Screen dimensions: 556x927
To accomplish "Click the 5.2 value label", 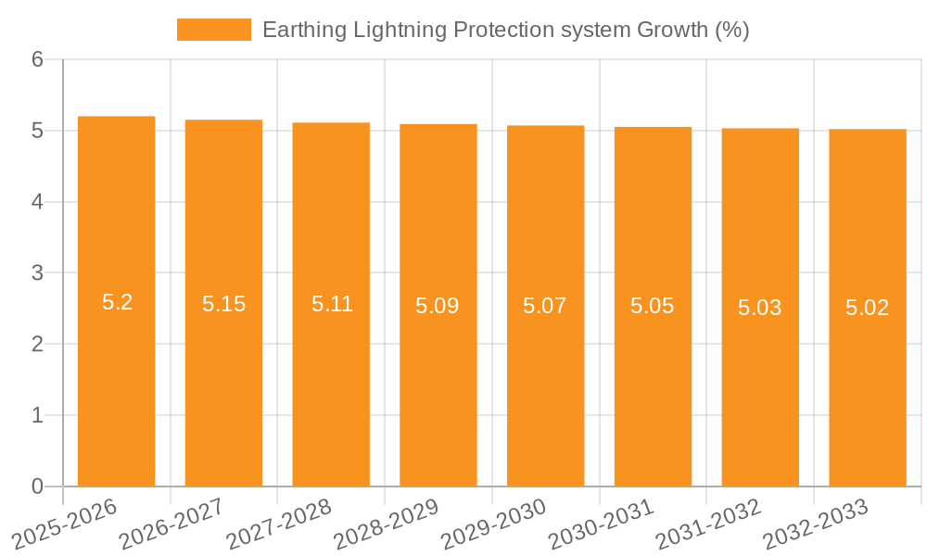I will [x=117, y=302].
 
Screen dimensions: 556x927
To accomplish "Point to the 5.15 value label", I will [x=223, y=304].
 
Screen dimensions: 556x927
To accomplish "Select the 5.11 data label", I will [x=332, y=304].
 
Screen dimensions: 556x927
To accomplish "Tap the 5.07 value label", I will [x=545, y=306].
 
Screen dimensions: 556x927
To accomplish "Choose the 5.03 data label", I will [x=760, y=308].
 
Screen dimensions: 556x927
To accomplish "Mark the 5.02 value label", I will [x=868, y=308].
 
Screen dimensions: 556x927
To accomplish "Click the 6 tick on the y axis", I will [x=37, y=60].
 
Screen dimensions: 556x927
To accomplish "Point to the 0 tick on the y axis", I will [x=37, y=486].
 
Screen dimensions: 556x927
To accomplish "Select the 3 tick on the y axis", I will [x=37, y=273].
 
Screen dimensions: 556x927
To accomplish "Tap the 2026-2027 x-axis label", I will [x=171, y=524].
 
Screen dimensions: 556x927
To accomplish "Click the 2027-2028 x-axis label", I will [x=279, y=524].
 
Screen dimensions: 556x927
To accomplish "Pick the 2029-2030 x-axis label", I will [x=493, y=524].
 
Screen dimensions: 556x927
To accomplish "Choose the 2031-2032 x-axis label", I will [x=708, y=524].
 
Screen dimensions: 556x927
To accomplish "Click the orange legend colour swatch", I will [x=214, y=31].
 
